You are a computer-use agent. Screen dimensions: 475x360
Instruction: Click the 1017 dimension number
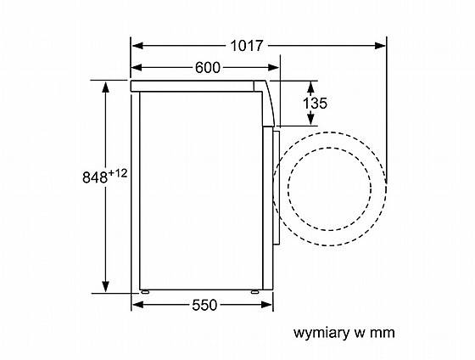[x=246, y=46]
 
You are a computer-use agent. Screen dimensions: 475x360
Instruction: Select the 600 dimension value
[x=208, y=68]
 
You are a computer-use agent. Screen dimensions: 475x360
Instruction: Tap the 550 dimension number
[x=204, y=305]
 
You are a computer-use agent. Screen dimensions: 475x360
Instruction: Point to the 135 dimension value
[x=315, y=104]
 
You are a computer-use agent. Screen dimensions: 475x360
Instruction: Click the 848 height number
[x=95, y=177]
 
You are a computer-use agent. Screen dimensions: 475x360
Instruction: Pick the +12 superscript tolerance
[x=118, y=173]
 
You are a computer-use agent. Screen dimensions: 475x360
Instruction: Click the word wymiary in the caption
[x=321, y=334]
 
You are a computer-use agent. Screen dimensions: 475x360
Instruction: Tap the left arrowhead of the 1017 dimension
[x=137, y=46]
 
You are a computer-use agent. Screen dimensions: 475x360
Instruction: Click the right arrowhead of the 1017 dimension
[x=380, y=46]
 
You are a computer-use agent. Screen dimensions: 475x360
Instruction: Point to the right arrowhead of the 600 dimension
[x=273, y=68]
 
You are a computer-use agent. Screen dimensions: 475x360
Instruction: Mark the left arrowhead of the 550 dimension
[x=137, y=305]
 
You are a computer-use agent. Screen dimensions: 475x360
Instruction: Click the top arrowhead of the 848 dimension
[x=105, y=87]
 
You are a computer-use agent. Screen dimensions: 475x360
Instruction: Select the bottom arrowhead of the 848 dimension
[x=105, y=287]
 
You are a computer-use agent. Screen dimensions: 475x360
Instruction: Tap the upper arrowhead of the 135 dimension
[x=310, y=87]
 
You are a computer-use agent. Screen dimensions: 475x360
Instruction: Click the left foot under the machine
[x=145, y=292]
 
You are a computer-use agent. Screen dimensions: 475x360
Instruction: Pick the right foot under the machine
[x=255, y=292]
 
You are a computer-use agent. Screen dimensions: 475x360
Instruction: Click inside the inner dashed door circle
[x=330, y=188]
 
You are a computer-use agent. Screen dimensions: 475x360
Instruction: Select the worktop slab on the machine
[x=193, y=86]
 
